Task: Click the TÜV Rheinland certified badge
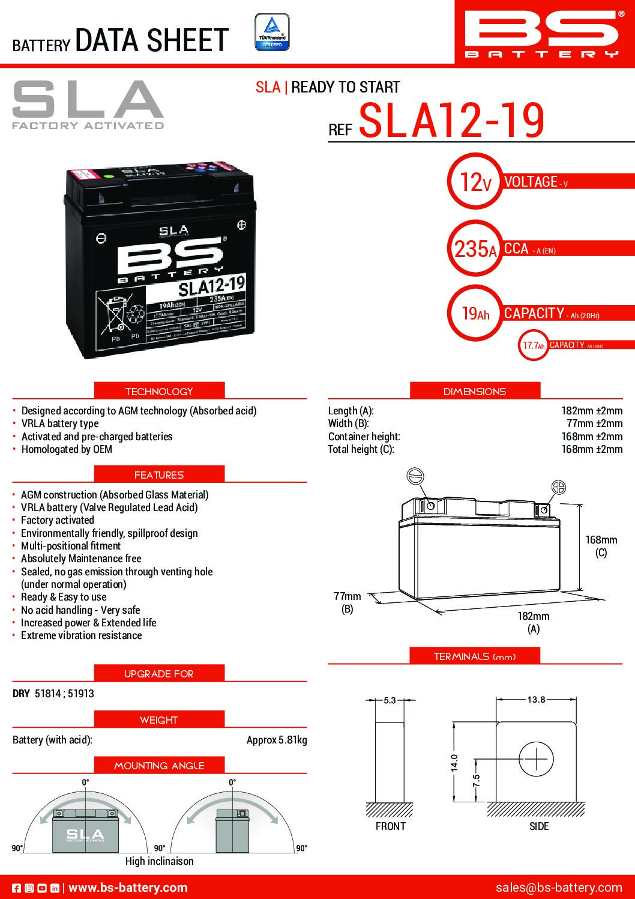(272, 32)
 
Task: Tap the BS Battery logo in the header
(541, 34)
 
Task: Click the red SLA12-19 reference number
(451, 121)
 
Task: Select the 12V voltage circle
(474, 181)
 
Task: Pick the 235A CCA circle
(475, 248)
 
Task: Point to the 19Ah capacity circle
(475, 313)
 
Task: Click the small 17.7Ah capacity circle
(533, 345)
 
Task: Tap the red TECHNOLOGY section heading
(159, 391)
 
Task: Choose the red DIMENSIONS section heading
(475, 391)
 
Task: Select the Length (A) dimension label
(351, 411)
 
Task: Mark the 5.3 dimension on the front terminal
(390, 700)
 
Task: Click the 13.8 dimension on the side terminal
(536, 700)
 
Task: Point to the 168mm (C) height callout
(601, 546)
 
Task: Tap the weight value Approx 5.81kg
(277, 740)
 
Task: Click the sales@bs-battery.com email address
(559, 887)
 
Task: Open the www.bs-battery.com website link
(128, 888)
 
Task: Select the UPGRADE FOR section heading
(159, 674)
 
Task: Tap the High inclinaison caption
(160, 861)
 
